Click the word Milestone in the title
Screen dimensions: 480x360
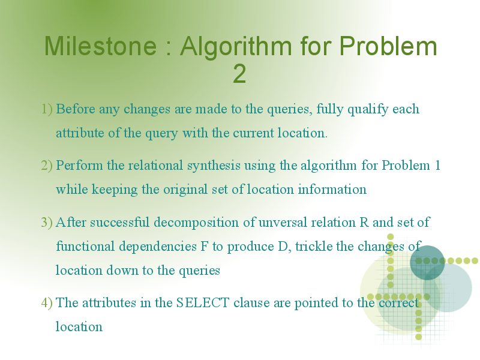click(x=100, y=46)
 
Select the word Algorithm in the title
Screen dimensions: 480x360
click(x=236, y=47)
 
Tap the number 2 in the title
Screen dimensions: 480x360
click(x=239, y=73)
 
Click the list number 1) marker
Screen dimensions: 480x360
click(x=47, y=109)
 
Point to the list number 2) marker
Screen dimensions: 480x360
click(x=47, y=166)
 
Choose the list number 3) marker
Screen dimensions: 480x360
click(x=47, y=223)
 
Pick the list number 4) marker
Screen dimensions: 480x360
click(x=47, y=303)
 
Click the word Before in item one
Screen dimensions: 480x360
click(x=76, y=109)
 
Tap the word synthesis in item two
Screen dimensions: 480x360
click(x=214, y=166)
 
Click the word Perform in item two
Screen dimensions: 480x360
click(x=79, y=166)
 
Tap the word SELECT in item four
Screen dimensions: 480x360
click(x=203, y=303)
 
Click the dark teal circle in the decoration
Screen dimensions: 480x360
click(x=427, y=263)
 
